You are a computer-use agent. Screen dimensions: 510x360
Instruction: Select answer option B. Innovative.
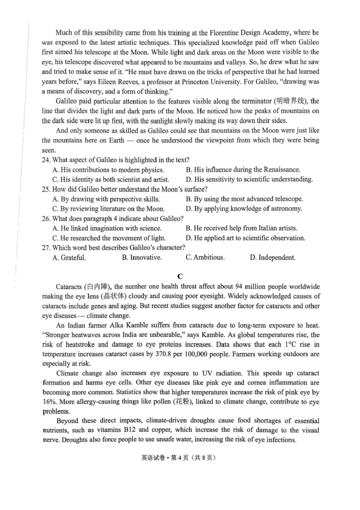[x=142, y=257]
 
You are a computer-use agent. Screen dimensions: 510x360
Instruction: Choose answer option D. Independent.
[x=273, y=257]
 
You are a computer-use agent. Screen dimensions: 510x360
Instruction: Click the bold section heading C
[x=180, y=276]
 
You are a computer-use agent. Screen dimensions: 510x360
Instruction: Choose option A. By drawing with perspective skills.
[x=106, y=199]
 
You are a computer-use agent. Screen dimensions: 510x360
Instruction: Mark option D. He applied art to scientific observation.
[x=245, y=238]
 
